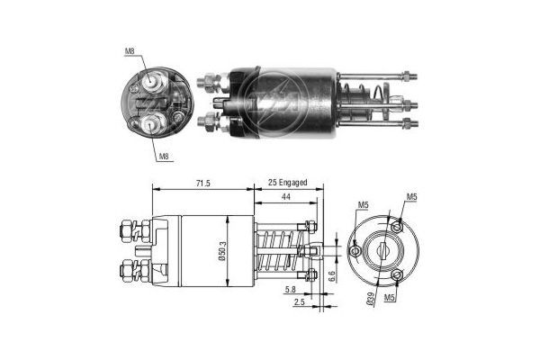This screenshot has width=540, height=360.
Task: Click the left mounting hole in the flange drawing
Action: [x=356, y=249]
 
